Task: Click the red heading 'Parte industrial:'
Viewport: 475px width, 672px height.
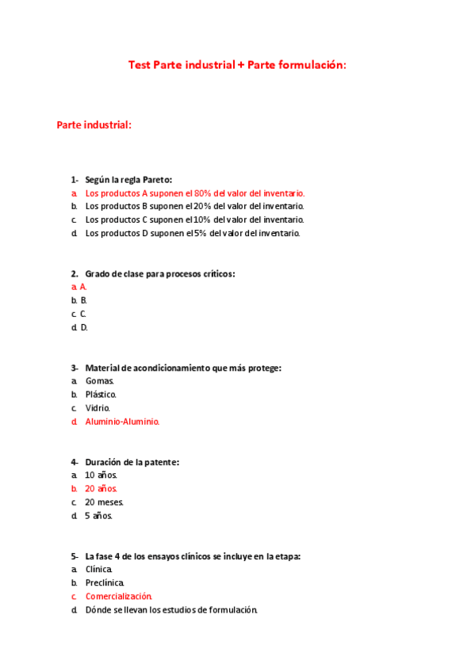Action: click(x=94, y=125)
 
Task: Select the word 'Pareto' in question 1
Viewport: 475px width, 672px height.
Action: click(x=156, y=180)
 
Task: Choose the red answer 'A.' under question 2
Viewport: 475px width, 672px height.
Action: click(x=83, y=287)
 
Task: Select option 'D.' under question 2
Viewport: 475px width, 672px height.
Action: click(x=83, y=327)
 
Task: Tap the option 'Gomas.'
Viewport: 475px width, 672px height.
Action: click(x=100, y=381)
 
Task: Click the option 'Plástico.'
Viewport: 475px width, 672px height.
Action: click(x=101, y=395)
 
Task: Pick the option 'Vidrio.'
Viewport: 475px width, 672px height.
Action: click(x=98, y=408)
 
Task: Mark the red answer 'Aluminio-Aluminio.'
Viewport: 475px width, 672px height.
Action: click(x=122, y=422)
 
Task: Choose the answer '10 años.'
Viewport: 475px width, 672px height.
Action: click(x=101, y=475)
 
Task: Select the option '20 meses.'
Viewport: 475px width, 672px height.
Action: click(x=104, y=502)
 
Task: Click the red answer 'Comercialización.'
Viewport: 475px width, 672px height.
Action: click(x=118, y=597)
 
